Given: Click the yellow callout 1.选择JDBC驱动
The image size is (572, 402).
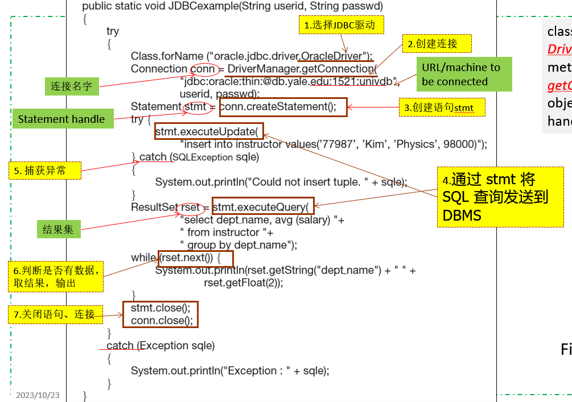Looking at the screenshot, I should (340, 25).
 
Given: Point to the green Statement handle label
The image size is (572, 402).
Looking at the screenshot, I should (61, 119).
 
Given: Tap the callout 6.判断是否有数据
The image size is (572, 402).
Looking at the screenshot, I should (56, 276).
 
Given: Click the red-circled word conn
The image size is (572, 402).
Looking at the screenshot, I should (203, 69).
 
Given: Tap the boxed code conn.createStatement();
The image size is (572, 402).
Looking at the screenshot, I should (283, 106).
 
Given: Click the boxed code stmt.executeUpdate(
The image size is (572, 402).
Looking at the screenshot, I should (208, 131).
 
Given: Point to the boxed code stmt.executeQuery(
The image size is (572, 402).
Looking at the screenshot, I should (262, 205).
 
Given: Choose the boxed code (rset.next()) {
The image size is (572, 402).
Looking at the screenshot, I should (196, 258).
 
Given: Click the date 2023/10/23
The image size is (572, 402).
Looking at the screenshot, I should (38, 395).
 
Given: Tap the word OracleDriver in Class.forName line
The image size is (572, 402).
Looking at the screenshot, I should (332, 56).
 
